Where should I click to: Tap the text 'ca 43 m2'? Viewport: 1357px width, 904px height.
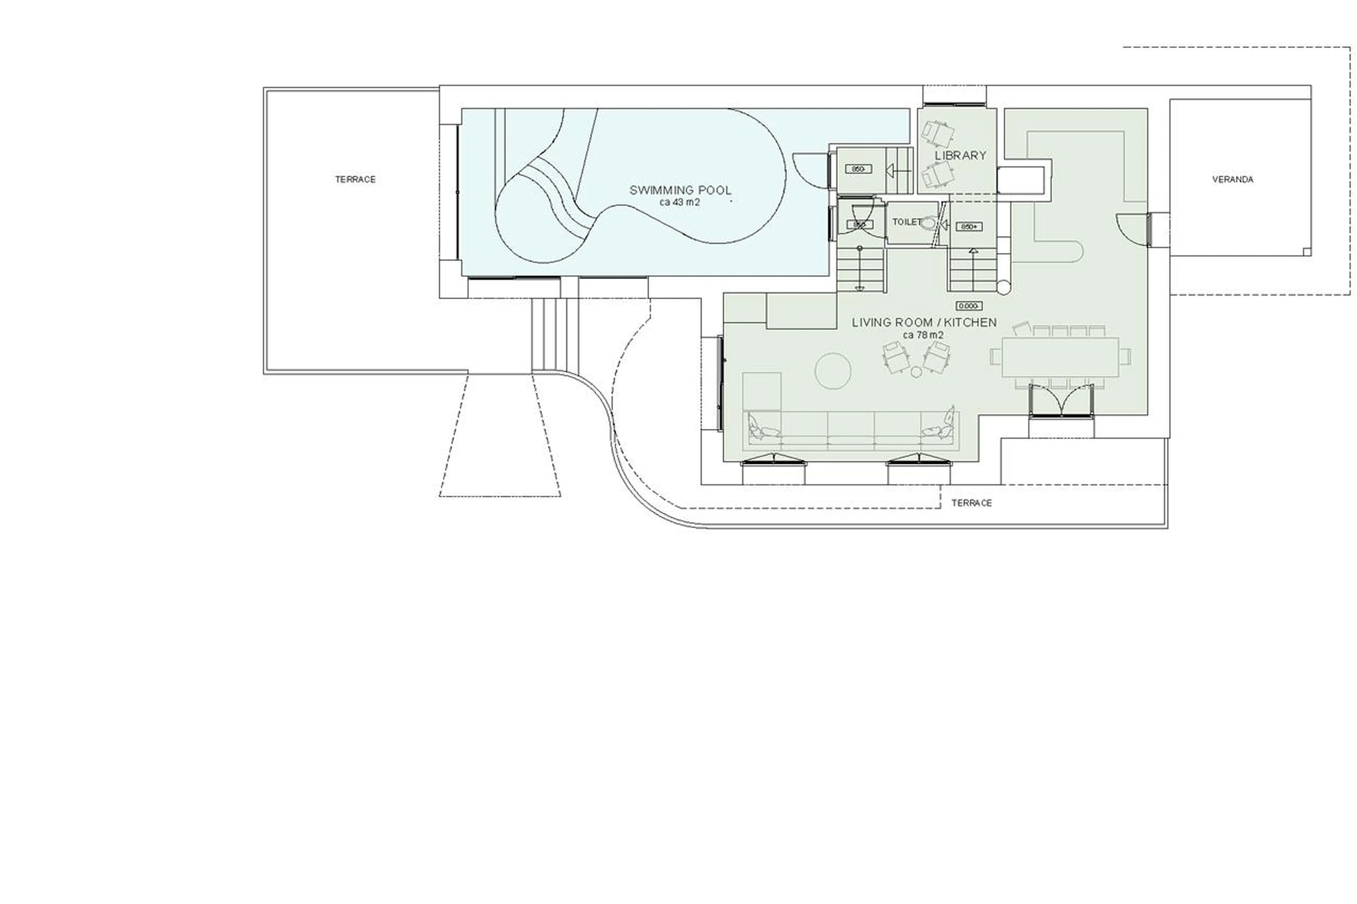pos(680,202)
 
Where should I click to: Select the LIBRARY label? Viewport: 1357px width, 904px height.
pos(960,155)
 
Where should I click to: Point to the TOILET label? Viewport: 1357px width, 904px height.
pos(906,221)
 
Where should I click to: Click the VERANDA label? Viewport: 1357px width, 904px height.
pos(1232,179)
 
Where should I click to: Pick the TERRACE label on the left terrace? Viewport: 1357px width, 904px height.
pos(355,179)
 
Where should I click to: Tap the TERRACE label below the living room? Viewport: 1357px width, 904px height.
pos(971,503)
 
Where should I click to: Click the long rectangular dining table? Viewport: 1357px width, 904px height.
pos(1060,357)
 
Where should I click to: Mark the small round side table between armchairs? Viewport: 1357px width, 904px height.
pos(916,372)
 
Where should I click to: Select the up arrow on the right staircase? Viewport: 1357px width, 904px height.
pos(974,252)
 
